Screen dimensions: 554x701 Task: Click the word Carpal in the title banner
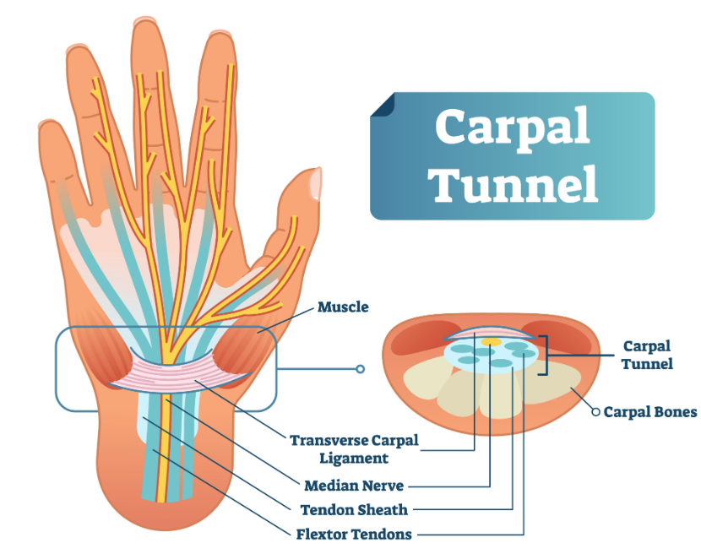513,127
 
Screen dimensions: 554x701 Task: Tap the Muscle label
343,307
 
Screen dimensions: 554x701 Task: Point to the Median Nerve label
354,486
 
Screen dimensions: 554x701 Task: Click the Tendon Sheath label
354,510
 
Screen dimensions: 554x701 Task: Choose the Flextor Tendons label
354,534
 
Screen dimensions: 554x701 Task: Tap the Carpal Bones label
649,412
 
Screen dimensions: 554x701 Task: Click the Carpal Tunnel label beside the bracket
647,356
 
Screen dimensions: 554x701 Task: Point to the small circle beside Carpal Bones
595,412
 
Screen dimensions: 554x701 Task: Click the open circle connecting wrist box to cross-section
361,369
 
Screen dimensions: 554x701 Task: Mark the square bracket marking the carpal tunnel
546,356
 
